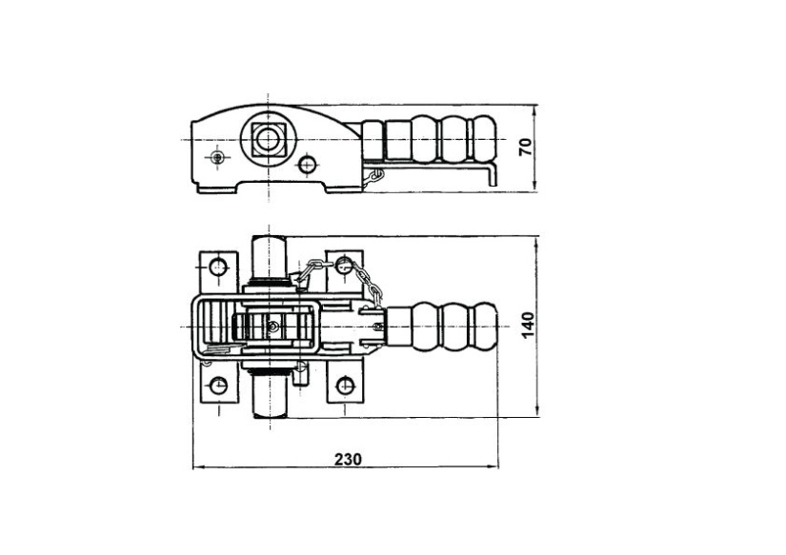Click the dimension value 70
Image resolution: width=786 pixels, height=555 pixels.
[525, 147]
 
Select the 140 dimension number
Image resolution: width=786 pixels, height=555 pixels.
[528, 325]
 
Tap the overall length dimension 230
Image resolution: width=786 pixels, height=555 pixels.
[348, 459]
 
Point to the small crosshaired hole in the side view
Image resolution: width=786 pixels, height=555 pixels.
[217, 157]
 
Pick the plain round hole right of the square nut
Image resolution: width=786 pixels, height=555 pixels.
[307, 164]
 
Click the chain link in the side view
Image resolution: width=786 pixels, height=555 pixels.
[373, 177]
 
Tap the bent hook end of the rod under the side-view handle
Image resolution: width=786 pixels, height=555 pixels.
[494, 174]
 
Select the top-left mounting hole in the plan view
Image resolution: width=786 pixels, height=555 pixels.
[218, 266]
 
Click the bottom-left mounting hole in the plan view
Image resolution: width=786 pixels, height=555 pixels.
[218, 386]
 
